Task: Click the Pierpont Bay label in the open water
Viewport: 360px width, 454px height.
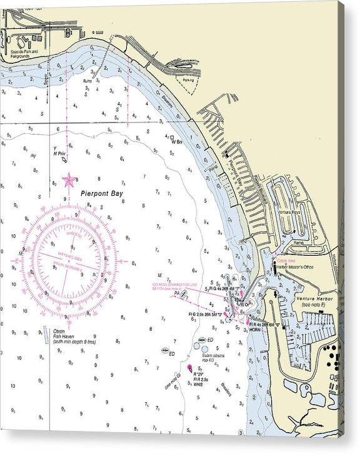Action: tap(102, 194)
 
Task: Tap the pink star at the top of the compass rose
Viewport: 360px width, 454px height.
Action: tap(69, 180)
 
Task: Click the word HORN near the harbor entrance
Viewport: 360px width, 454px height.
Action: tap(255, 330)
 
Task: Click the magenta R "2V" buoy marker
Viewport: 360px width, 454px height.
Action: tap(189, 368)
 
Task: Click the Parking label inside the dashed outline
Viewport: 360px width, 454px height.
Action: tap(187, 80)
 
